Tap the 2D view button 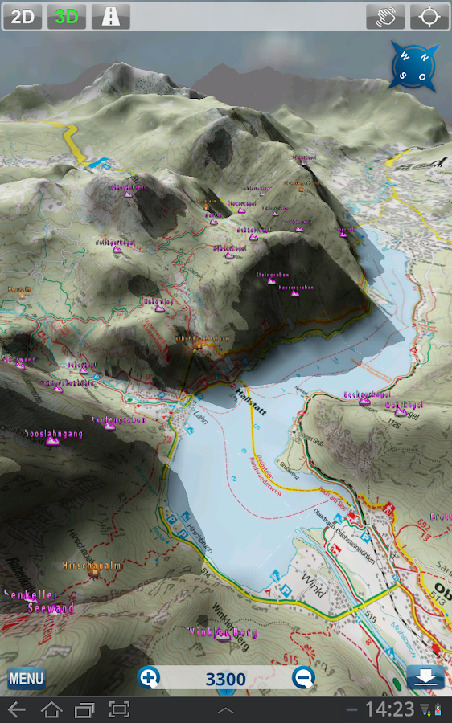tap(22, 16)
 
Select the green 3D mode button tap(67, 16)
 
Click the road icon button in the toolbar tap(111, 16)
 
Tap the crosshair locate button tap(430, 16)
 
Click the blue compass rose tap(415, 66)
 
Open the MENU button tap(26, 679)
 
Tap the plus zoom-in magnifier tap(149, 678)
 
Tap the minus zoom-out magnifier tap(303, 678)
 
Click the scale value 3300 tap(226, 679)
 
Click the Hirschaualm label tap(92, 566)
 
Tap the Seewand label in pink tap(50, 609)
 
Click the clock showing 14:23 tap(389, 709)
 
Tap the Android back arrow tap(17, 709)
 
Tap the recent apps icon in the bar tap(84, 709)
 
